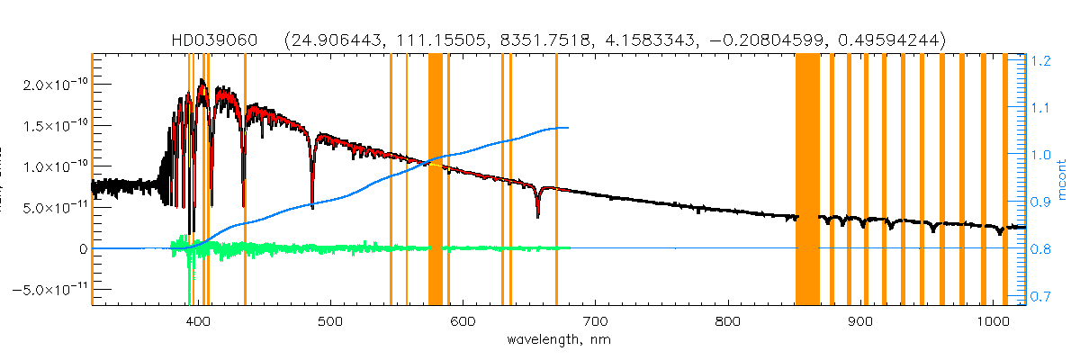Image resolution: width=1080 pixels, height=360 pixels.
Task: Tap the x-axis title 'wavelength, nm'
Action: point(558,341)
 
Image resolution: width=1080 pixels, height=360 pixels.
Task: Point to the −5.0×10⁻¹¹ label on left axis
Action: point(50,290)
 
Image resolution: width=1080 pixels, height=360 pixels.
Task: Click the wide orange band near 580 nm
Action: point(436,180)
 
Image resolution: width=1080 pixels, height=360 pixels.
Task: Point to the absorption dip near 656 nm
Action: point(537,212)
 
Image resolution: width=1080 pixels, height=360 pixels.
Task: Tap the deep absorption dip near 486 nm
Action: point(312,203)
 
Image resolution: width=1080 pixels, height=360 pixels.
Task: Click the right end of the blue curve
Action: point(568,128)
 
